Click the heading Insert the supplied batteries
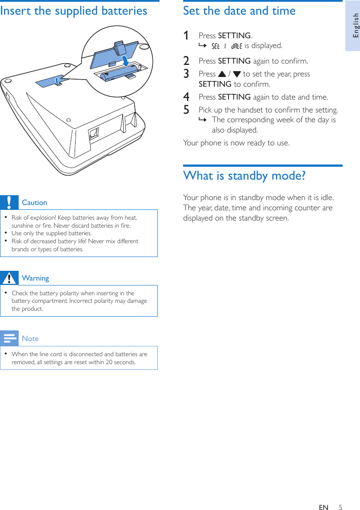(x=74, y=11)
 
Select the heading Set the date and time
(x=239, y=11)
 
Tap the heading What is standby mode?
(x=244, y=176)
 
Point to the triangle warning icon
(x=9, y=278)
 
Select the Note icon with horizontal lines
(x=9, y=338)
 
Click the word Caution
(x=34, y=202)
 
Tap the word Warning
(x=35, y=278)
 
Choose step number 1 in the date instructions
(x=187, y=36)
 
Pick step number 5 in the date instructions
(x=187, y=110)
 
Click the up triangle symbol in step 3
(x=222, y=74)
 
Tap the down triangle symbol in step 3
(x=237, y=74)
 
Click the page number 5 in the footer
(x=340, y=507)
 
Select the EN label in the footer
(x=324, y=507)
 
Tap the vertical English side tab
(x=354, y=25)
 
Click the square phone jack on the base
(x=94, y=133)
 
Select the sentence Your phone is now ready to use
(x=236, y=143)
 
